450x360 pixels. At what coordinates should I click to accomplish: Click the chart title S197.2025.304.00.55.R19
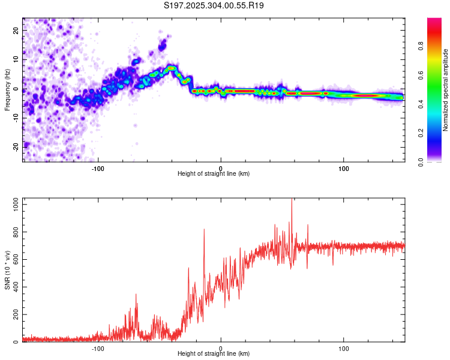coord(214,6)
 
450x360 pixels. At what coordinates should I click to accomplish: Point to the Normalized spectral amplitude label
coord(446,90)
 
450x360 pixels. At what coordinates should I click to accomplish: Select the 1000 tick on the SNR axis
coord(12,205)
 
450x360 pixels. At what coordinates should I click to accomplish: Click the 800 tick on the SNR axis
coord(14,232)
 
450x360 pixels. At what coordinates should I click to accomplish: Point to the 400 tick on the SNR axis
coord(14,287)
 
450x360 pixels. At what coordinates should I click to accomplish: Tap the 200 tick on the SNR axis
coord(14,315)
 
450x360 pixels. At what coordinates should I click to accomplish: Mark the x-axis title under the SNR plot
coord(214,355)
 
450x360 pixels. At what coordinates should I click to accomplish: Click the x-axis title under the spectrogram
coord(214,174)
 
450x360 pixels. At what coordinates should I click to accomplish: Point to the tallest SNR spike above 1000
coord(292,200)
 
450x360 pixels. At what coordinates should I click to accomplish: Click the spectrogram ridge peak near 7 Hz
coord(172,68)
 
